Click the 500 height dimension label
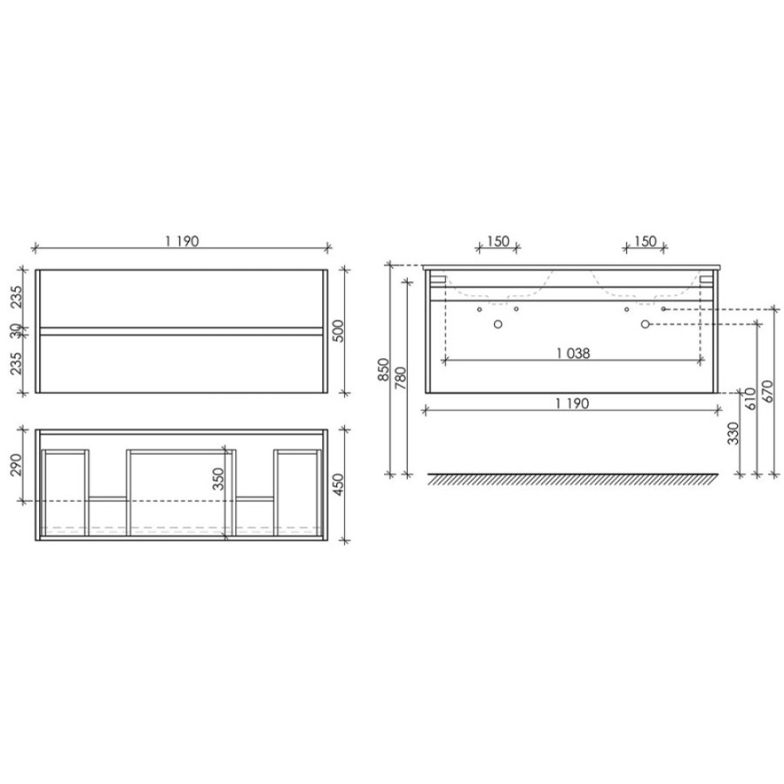[x=339, y=330]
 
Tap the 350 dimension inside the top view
[x=218, y=478]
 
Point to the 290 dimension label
[x=17, y=464]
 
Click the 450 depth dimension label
[x=339, y=484]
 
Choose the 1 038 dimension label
[x=573, y=354]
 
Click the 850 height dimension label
[x=383, y=369]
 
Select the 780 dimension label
[x=401, y=379]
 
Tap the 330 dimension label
[x=733, y=433]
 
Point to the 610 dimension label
[x=751, y=399]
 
